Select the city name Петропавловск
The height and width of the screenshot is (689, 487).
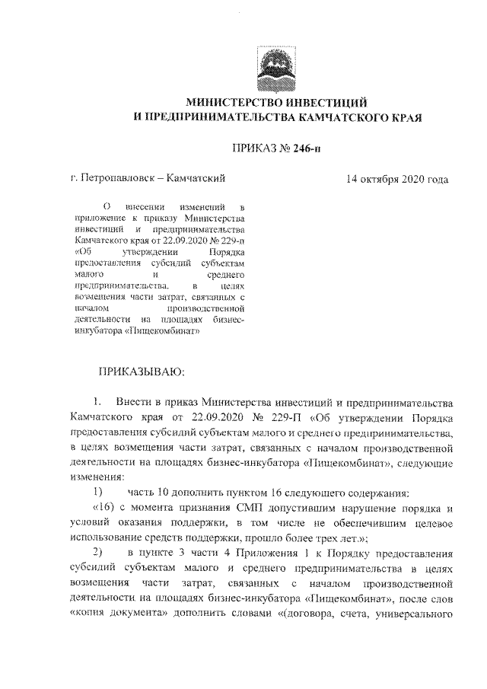pyautogui.click(x=117, y=180)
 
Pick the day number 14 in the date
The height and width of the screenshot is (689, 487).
pyautogui.click(x=352, y=180)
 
